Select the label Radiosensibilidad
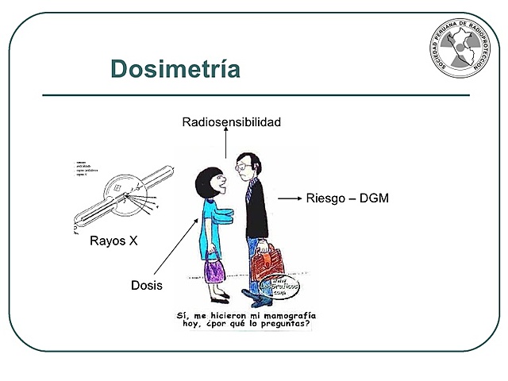pos(231,122)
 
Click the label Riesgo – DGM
pos(348,198)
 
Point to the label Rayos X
pos(114,241)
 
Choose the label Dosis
pos(147,285)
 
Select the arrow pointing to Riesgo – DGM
pos(291,198)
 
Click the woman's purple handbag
pos(215,270)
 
